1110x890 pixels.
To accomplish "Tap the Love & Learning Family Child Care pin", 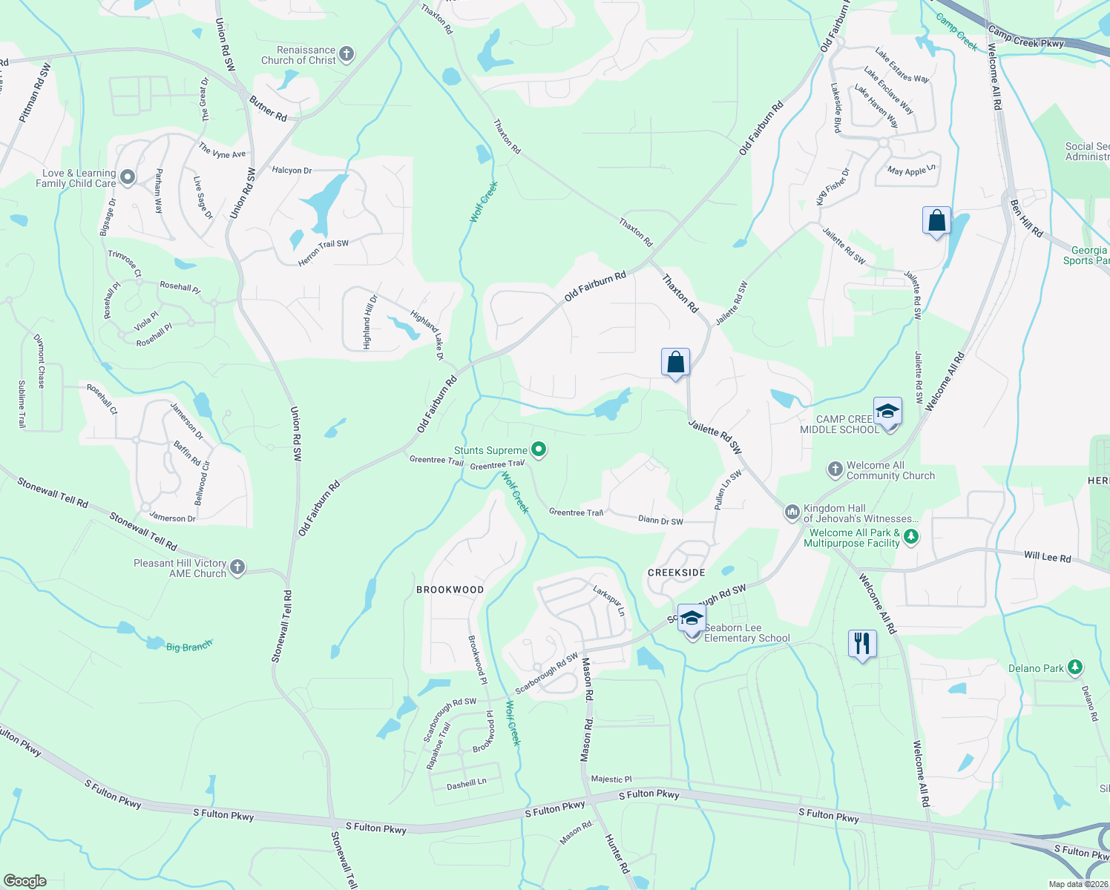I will coord(128,177).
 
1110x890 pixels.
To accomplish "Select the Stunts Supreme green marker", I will coord(539,449).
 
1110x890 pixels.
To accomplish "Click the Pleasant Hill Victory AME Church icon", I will coord(237,568).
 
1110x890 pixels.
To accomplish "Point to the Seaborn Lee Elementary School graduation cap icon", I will coord(692,619).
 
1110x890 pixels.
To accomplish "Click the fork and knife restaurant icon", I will coord(861,643).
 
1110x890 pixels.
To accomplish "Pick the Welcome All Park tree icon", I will coord(911,537).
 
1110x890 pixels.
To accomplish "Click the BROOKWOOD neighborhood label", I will coord(450,590).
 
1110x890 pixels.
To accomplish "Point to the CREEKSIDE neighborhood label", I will coord(677,573).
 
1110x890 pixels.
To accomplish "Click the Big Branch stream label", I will coord(188,647).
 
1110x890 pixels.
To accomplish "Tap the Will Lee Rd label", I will coord(1047,557).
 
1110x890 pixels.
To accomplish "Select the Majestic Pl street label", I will coord(611,779).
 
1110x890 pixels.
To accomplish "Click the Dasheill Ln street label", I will coord(467,783).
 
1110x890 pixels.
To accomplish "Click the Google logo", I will coord(24,881).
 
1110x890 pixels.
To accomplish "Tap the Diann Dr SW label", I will coord(660,521).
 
